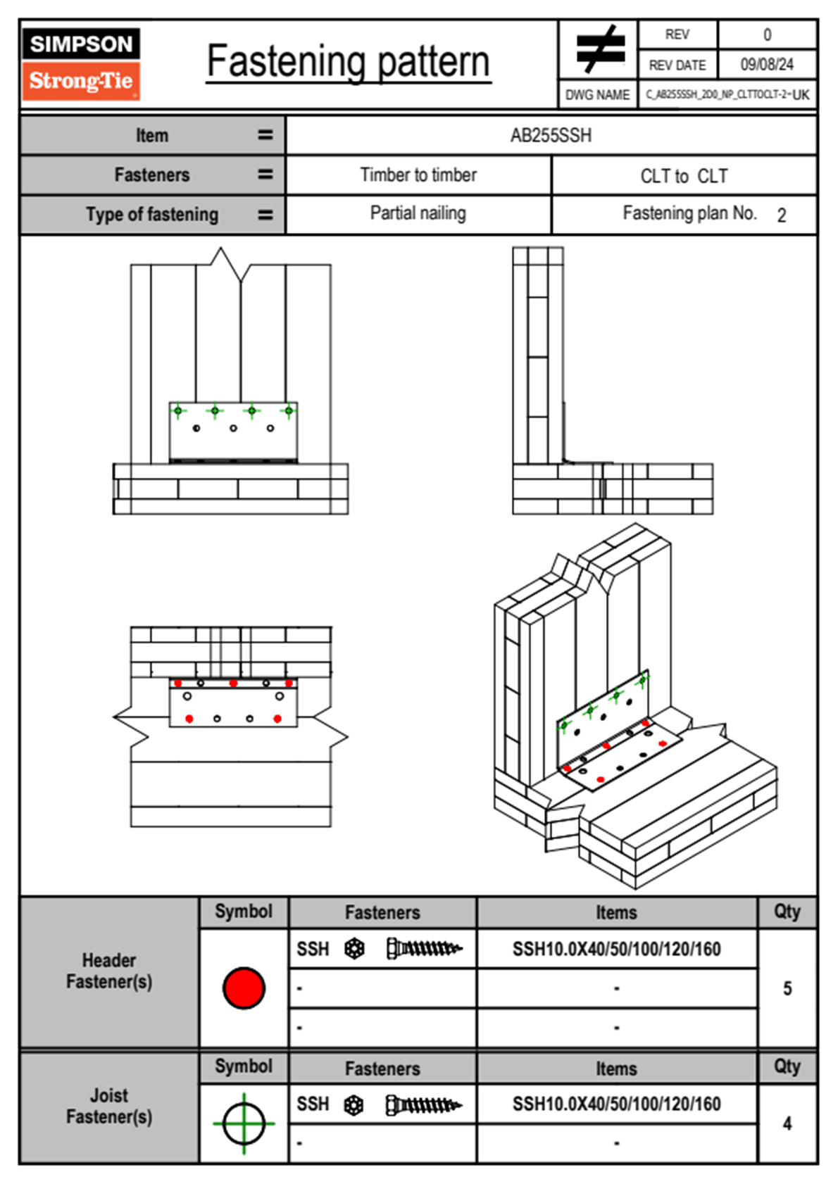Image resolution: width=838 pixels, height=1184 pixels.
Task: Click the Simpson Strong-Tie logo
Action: pos(80,63)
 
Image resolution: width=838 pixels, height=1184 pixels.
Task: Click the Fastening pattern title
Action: pos(348,62)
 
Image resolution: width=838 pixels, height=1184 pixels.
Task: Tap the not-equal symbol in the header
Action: pos(599,49)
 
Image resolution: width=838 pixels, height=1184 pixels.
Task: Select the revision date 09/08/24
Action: pos(766,65)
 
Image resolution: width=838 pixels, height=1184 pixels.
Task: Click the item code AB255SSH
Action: pos(551,135)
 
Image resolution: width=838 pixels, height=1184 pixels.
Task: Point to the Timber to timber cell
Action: pos(418,175)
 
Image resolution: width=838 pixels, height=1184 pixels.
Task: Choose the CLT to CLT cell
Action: pos(684,176)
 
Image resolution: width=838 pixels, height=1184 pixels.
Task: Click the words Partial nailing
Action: pos(418,213)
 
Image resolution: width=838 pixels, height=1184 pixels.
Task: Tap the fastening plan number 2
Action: pos(781,215)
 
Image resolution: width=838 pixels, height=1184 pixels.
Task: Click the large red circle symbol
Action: pos(244,988)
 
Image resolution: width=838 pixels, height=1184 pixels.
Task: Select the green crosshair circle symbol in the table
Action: pos(244,1123)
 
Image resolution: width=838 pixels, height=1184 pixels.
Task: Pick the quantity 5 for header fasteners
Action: pos(787,988)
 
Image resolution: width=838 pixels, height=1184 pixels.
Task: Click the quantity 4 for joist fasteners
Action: pos(787,1123)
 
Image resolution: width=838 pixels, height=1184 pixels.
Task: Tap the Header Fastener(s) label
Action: pos(109,971)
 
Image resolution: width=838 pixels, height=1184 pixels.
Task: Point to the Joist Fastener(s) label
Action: pos(109,1106)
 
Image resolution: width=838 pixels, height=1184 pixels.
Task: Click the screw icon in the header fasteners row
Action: pos(424,949)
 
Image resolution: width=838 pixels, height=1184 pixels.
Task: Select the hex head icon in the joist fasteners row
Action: pos(354,1105)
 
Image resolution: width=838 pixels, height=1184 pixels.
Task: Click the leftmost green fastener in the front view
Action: pos(178,410)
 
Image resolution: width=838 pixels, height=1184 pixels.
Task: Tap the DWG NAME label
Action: pos(597,95)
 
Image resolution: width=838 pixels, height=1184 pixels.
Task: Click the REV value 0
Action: pos(767,34)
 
